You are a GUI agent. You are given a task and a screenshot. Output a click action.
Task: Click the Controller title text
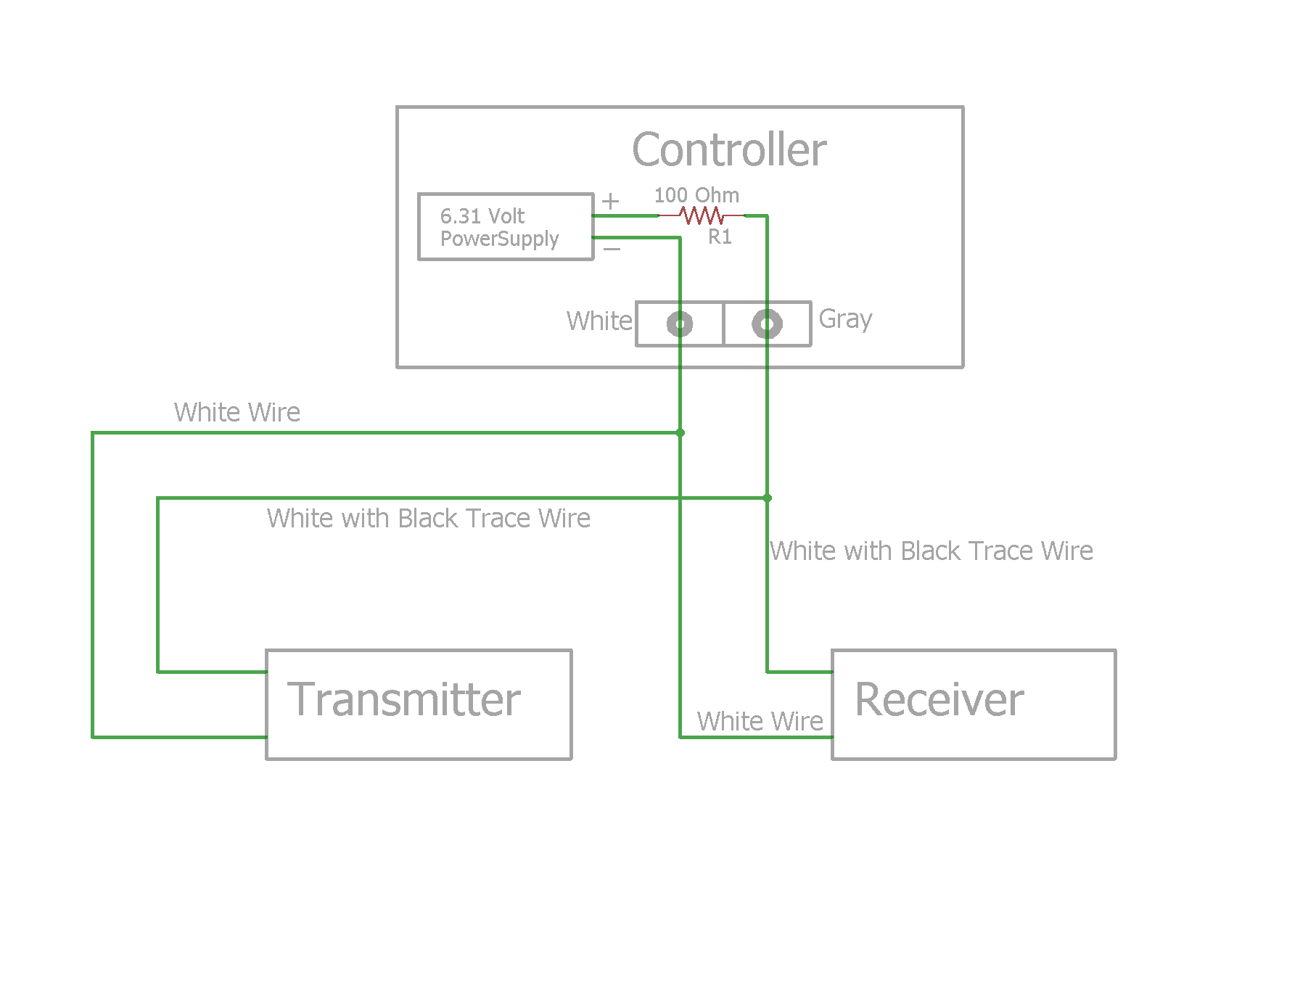(729, 150)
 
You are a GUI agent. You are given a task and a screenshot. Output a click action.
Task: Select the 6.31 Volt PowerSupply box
(506, 226)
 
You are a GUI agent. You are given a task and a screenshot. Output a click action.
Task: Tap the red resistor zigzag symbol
(702, 215)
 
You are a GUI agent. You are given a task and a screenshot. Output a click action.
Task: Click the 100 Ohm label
(696, 195)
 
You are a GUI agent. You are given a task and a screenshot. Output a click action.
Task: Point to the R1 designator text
(720, 236)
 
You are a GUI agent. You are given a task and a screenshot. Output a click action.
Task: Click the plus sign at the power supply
(611, 201)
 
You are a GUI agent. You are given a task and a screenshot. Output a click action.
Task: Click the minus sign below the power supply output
(612, 250)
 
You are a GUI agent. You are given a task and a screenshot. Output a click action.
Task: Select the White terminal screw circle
(680, 324)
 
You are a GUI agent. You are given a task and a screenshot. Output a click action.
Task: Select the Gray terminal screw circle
(767, 324)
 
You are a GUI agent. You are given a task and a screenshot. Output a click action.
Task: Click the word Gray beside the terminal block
(845, 319)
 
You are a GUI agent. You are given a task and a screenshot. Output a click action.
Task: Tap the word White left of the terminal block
(599, 321)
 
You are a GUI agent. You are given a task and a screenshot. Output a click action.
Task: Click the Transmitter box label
(404, 700)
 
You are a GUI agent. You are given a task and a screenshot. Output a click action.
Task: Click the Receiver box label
(939, 700)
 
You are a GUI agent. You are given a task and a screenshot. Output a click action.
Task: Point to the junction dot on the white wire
(680, 433)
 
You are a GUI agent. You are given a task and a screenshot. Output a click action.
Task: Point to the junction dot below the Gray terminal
(767, 498)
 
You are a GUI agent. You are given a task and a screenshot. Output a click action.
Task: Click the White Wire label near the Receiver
(760, 721)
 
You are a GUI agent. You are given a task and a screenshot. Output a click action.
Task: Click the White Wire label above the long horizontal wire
(237, 412)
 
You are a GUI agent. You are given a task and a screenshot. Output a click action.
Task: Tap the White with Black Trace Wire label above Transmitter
(428, 518)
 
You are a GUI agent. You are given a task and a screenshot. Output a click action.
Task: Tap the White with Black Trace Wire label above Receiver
(932, 551)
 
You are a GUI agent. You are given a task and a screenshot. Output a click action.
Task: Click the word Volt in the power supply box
(506, 216)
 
